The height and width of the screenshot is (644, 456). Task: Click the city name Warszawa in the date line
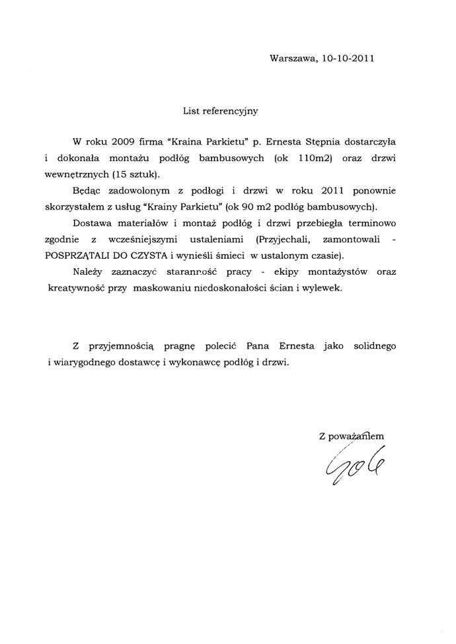click(293, 58)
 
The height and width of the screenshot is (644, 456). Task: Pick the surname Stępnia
click(305, 142)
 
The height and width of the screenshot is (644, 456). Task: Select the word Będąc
click(87, 191)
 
